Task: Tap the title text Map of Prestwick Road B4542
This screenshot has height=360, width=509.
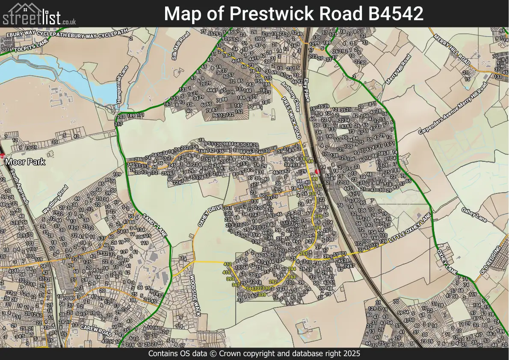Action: click(x=293, y=14)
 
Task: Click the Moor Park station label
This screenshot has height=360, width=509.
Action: click(x=25, y=162)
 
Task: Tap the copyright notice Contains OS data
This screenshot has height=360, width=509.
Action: click(x=254, y=354)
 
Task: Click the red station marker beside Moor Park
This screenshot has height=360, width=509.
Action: click(x=2, y=155)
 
